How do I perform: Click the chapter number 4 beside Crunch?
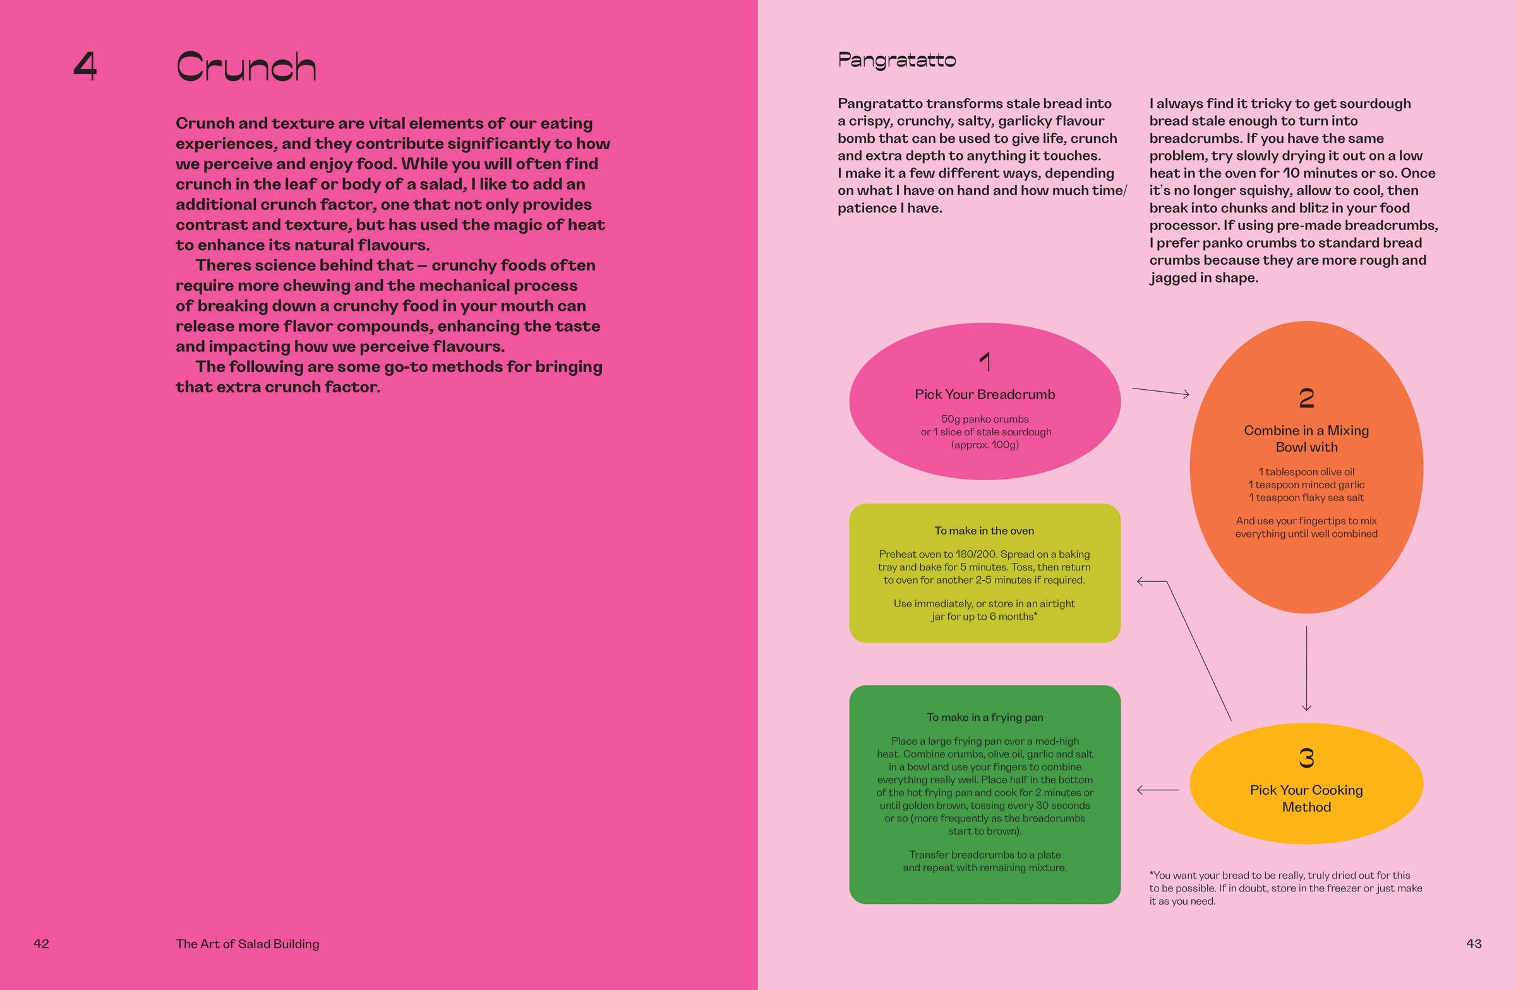(x=85, y=66)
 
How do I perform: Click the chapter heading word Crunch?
(x=246, y=67)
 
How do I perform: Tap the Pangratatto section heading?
(x=896, y=61)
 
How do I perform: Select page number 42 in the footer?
(x=42, y=943)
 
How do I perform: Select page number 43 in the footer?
(x=1473, y=943)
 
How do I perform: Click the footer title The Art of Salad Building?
(x=247, y=943)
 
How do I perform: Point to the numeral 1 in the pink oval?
(x=985, y=363)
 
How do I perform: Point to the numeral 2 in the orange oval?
(x=1306, y=398)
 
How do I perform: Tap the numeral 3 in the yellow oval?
(x=1306, y=758)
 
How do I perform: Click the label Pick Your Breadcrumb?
(x=985, y=394)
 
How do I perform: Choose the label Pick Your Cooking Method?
(x=1306, y=798)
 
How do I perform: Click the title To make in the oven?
(x=984, y=531)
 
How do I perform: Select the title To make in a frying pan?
(x=985, y=717)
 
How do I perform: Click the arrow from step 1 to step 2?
(x=1160, y=392)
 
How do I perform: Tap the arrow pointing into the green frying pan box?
(x=1157, y=790)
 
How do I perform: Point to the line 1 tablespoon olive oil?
(x=1306, y=472)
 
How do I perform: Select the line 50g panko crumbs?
(x=985, y=420)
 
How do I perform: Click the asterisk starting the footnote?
(x=1152, y=874)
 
